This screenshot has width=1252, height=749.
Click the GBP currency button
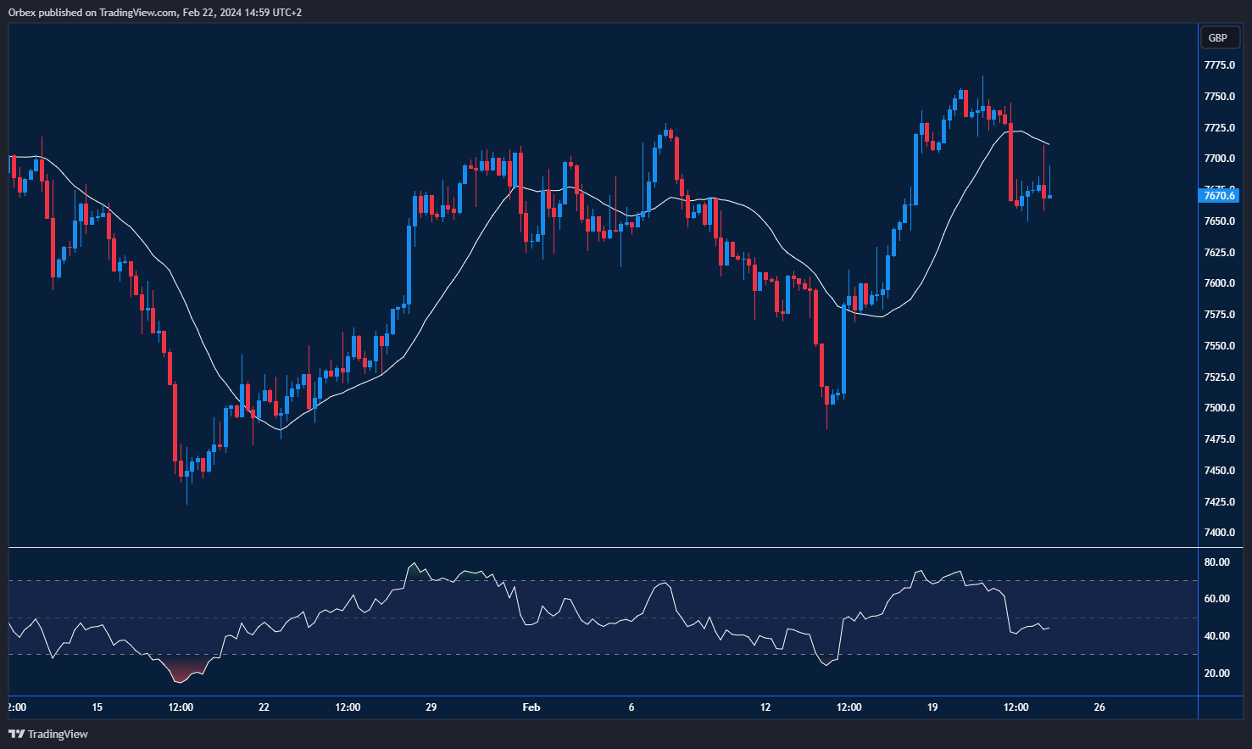pos(1218,38)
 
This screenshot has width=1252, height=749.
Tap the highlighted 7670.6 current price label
pos(1220,196)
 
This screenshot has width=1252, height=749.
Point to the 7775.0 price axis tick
pos(1219,65)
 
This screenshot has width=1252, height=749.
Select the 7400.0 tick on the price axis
pos(1219,533)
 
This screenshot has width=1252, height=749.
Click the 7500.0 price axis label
pos(1219,408)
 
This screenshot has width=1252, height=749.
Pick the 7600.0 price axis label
pos(1219,283)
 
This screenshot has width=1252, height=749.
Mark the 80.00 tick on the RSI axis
pos(1216,562)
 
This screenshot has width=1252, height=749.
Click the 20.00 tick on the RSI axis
pos(1216,674)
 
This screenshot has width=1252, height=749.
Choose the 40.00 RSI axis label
pos(1216,636)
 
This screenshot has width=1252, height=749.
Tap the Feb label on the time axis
pos(531,707)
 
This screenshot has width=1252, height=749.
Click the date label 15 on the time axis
pos(97,707)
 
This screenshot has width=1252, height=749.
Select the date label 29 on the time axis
pos(431,707)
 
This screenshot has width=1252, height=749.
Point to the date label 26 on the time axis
pos(1099,707)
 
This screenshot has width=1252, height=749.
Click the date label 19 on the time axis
pos(932,707)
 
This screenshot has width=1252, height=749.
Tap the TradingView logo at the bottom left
pos(48,734)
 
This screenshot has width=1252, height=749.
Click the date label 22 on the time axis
pos(264,707)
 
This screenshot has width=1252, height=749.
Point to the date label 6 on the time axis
pos(632,707)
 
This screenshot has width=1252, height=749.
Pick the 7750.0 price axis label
pos(1219,97)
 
